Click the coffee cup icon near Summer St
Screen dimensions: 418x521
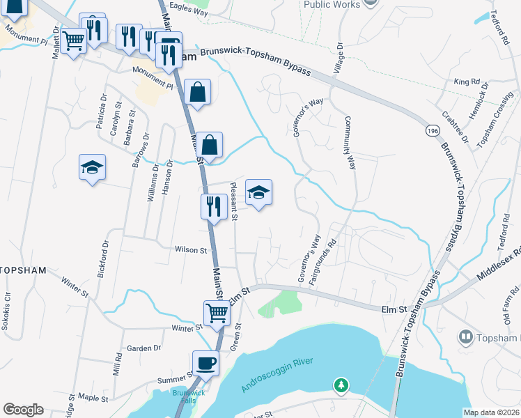click(205, 363)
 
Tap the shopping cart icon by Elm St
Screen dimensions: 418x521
click(217, 313)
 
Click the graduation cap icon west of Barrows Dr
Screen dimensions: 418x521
click(92, 168)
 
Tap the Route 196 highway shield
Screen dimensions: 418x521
click(426, 131)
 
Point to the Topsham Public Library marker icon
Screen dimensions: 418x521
click(465, 339)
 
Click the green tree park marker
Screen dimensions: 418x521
click(341, 385)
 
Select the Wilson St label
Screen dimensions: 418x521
click(192, 249)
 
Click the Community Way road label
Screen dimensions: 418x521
click(350, 144)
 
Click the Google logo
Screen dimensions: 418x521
click(23, 410)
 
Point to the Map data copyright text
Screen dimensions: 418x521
click(491, 412)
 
